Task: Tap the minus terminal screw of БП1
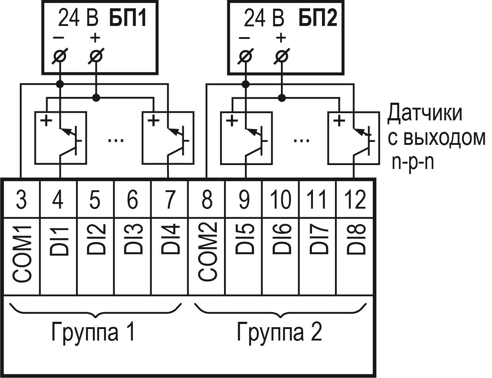coord(60,56)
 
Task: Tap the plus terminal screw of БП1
coord(95,56)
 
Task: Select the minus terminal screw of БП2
coord(246,56)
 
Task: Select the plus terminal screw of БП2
coord(281,56)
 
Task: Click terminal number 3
coord(22,199)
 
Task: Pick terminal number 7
coord(170,199)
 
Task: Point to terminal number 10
coord(281,199)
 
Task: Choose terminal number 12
coord(355,199)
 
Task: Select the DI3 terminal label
coord(133,239)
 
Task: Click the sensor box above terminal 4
coord(60,138)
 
